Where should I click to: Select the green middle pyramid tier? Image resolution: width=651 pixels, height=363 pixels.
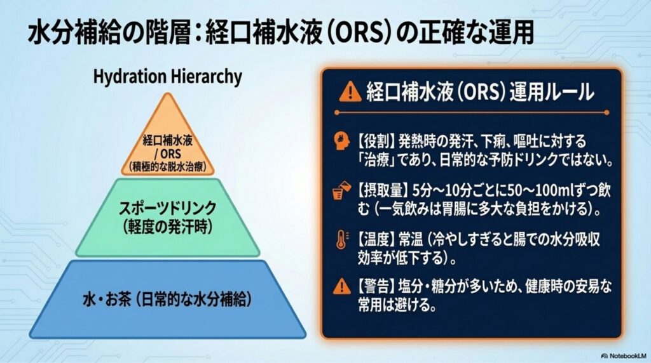pos(167,218)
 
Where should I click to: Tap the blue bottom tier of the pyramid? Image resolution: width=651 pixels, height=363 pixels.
pos(167,299)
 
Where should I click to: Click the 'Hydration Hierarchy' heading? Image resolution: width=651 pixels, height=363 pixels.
pos(167,77)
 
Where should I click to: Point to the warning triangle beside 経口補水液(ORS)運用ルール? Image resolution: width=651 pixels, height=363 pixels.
pos(350,91)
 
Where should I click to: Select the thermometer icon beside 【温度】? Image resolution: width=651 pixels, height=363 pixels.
pos(341,240)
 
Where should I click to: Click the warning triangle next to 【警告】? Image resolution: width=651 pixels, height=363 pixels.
pos(342,286)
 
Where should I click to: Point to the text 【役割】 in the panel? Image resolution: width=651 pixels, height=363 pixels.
pos(375,142)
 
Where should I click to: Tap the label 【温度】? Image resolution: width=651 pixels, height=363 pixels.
pos(375,239)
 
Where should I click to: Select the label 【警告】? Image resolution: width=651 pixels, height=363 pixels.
pos(375,286)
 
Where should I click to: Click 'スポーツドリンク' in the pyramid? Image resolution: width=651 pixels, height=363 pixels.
pos(167,208)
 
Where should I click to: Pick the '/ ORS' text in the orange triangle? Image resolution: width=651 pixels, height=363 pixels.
pos(167,154)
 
